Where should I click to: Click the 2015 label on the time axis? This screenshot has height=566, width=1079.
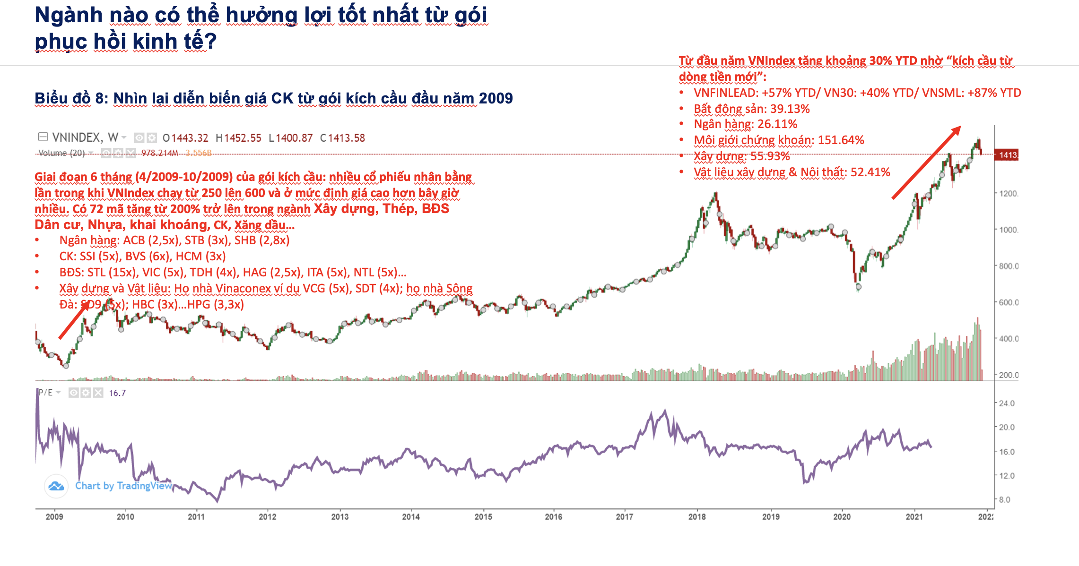(483, 517)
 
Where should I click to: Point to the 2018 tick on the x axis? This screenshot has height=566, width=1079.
(697, 517)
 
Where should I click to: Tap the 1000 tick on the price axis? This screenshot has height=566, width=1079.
(1008, 230)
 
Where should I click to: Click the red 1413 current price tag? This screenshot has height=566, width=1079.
(1007, 155)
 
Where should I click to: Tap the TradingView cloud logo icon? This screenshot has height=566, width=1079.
(56, 486)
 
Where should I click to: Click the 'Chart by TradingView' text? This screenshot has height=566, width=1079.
(123, 486)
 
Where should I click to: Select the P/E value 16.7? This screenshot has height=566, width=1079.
(117, 393)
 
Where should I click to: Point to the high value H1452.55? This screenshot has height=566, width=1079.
(238, 138)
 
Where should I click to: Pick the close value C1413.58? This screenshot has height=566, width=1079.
(342, 138)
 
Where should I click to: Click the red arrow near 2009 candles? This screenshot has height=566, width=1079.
(74, 321)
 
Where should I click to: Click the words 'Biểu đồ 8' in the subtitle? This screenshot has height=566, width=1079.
(70, 98)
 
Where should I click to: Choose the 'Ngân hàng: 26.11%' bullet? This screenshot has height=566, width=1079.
(745, 124)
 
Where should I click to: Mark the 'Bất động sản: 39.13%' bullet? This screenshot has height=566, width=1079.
(751, 109)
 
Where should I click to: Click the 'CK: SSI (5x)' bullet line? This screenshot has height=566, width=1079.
(142, 257)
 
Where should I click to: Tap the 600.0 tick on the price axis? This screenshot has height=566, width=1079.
(1008, 302)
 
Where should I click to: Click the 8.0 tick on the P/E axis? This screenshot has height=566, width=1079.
(1005, 499)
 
